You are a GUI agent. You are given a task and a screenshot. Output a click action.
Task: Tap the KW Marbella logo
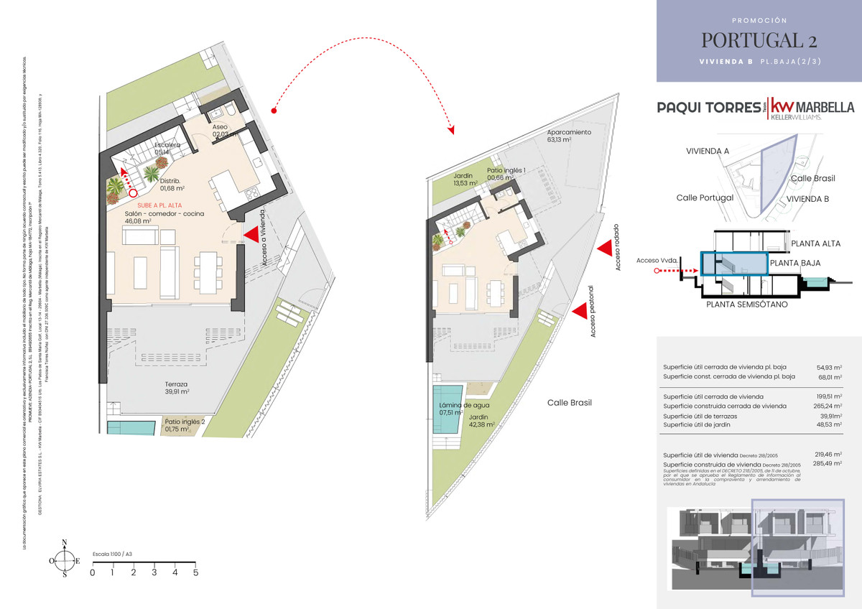coord(811,108)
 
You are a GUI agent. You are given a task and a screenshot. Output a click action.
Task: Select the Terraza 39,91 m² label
coord(175,389)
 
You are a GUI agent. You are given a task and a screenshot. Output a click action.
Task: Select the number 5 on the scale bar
coord(195,572)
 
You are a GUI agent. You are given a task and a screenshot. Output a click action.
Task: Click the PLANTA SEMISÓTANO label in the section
coord(746,304)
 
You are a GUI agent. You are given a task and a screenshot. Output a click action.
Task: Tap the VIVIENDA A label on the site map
coord(707,152)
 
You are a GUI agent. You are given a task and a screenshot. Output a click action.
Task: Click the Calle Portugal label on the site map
coord(705,197)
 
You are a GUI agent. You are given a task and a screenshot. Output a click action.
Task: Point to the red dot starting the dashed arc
coord(274,110)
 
